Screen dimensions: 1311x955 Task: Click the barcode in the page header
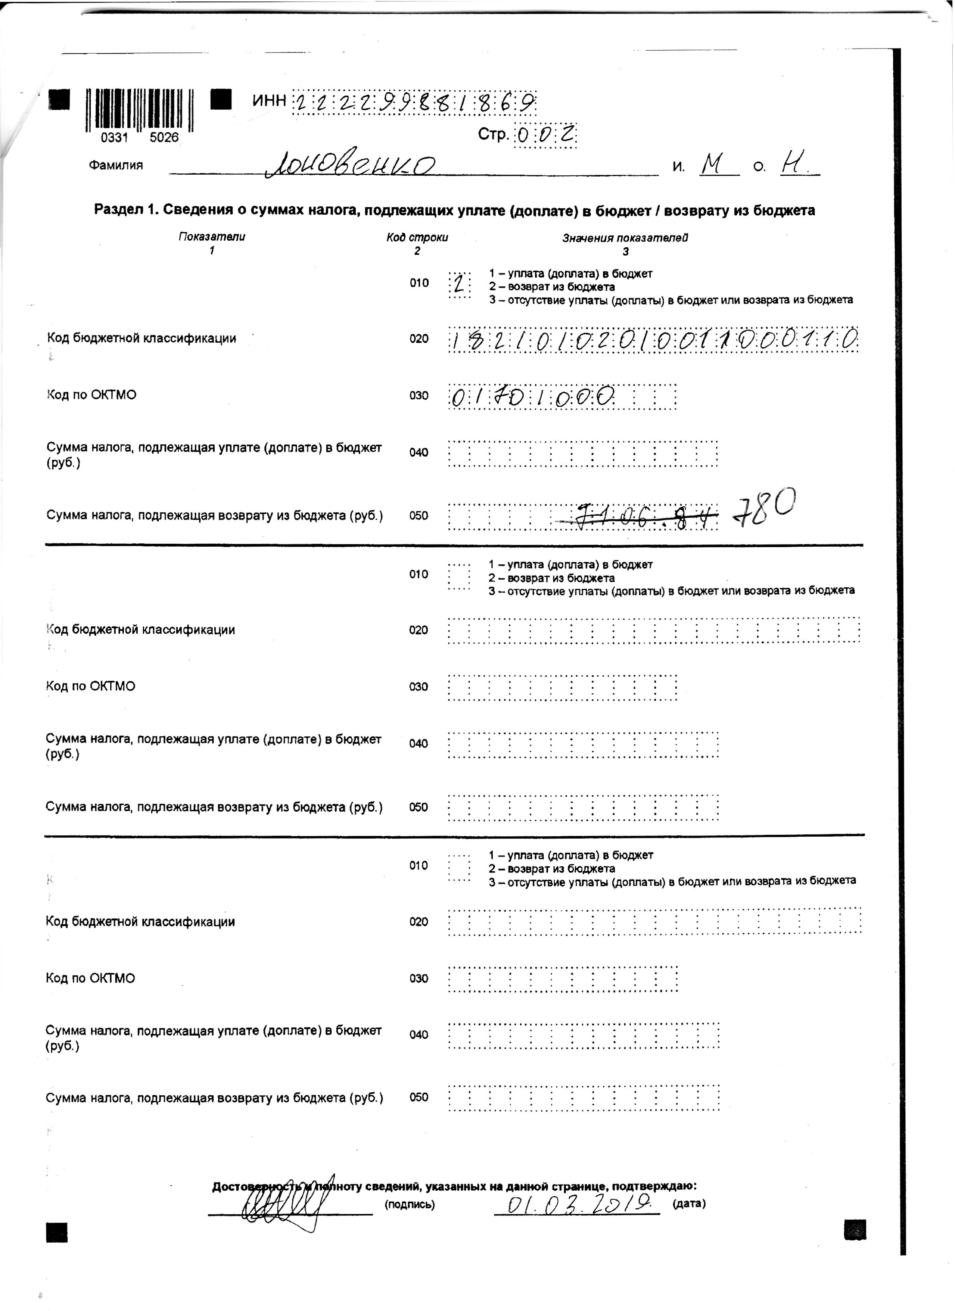[140, 110]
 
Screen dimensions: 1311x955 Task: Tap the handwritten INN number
[415, 103]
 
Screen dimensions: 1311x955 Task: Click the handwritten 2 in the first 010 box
[459, 284]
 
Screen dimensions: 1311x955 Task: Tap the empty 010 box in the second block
[459, 576]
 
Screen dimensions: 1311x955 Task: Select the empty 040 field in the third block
[583, 1036]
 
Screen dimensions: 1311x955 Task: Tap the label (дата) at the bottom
[688, 1204]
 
